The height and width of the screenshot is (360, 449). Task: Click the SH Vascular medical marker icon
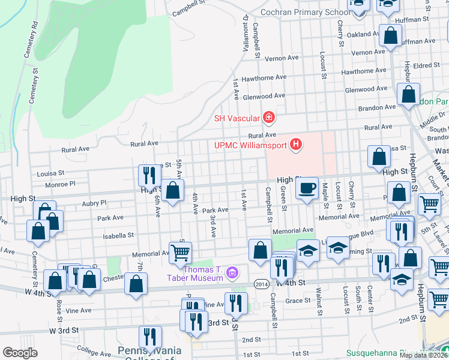point(269,117)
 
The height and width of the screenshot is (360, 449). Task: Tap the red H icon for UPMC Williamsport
point(295,145)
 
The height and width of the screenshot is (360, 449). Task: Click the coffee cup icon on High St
point(307,188)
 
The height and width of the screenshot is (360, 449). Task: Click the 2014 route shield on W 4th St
point(261,283)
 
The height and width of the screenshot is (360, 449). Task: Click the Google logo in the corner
point(20,352)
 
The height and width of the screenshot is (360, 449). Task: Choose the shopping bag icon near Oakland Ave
point(390,35)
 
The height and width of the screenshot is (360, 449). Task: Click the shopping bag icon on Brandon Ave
point(408,94)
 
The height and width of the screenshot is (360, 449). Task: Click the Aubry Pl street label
point(94,203)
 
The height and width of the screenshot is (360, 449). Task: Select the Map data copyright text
point(423,355)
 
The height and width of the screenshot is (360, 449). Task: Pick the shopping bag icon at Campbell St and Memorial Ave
point(260,250)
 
